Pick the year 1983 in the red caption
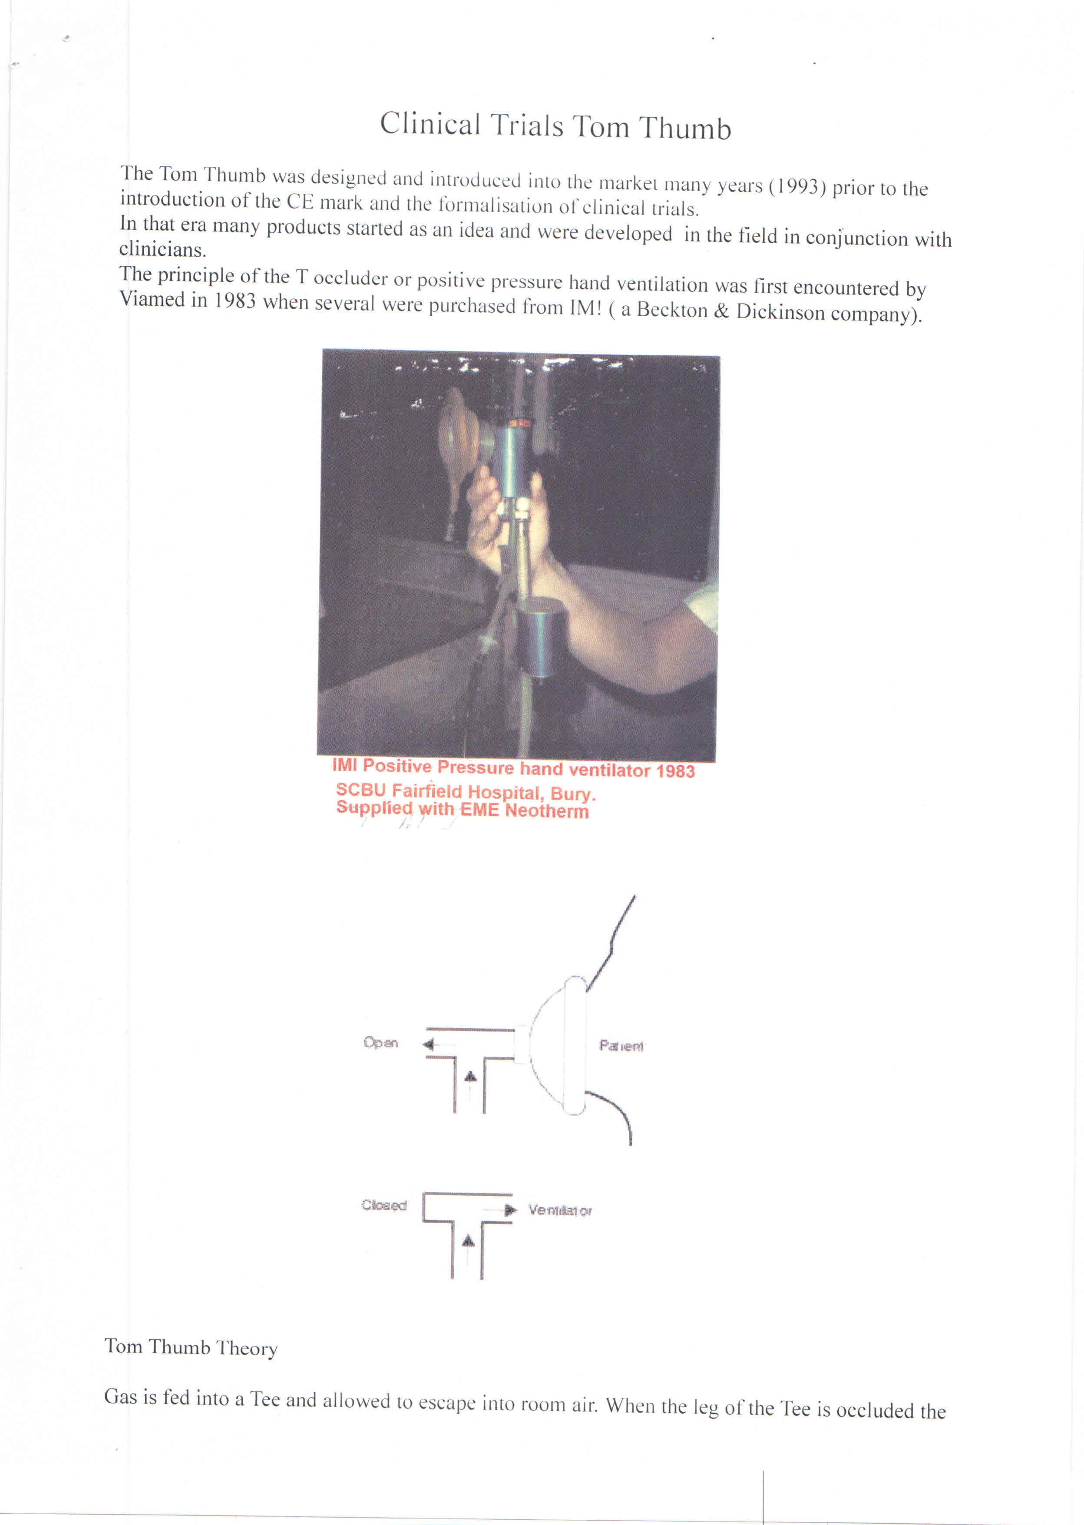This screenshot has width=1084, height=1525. point(675,771)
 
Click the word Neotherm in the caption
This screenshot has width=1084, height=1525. point(547,811)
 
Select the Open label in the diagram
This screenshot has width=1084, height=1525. point(380,1042)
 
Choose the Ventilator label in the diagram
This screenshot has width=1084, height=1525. point(559,1211)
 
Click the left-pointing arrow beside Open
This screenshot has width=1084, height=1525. point(429,1045)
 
